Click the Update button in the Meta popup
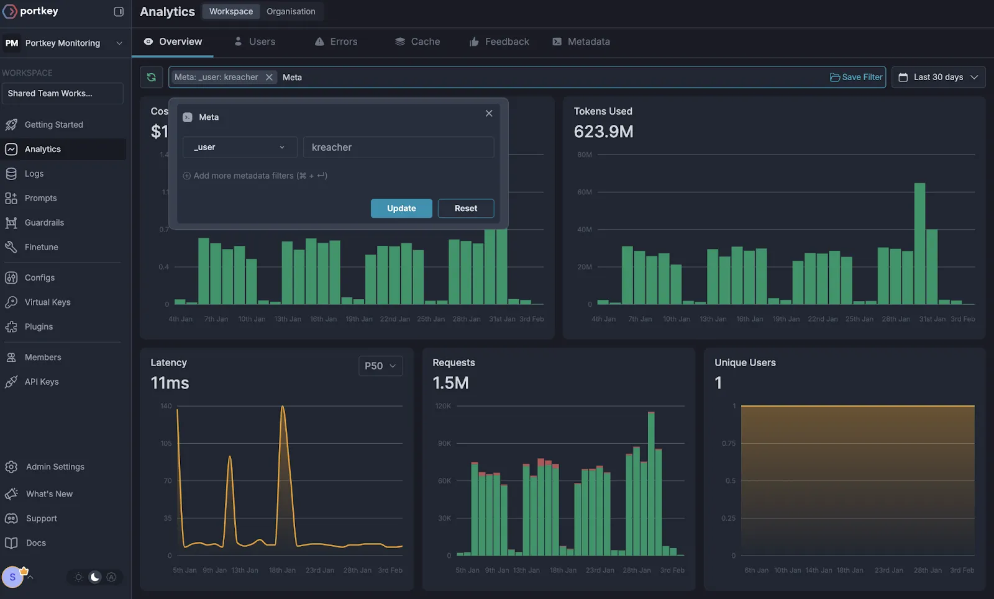401,209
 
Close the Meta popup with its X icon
489,113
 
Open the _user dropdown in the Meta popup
239,147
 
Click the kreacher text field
398,147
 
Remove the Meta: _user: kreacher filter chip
269,77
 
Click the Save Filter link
856,77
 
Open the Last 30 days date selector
938,77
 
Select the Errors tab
336,42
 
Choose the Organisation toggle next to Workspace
291,11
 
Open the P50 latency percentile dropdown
380,366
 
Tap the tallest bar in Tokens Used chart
919,242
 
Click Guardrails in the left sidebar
44,222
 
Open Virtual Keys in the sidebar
47,302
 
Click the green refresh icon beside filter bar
151,77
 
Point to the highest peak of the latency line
283,407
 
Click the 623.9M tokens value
603,132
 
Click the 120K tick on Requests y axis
443,406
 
